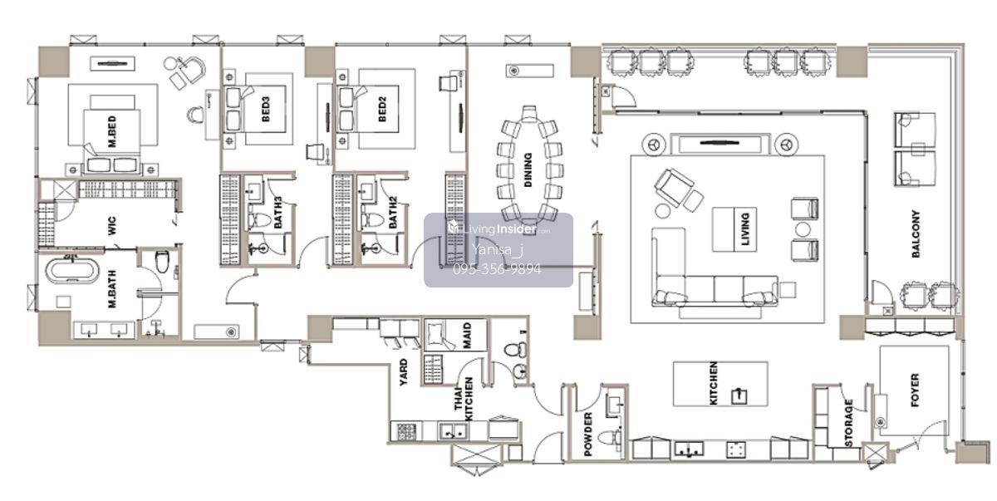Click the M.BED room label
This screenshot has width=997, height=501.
point(112,131)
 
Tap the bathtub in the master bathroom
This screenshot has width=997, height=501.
point(71,271)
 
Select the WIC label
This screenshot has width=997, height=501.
point(111,226)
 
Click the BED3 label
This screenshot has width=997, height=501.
point(266,109)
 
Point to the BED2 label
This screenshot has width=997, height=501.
point(382,109)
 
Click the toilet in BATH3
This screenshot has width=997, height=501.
point(260,220)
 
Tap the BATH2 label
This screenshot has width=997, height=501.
point(392,213)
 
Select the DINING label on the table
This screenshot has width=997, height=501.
point(528,170)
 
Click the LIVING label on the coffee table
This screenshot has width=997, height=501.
point(745,229)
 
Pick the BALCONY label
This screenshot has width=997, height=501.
point(916,233)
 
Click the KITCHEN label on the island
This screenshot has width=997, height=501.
point(713,383)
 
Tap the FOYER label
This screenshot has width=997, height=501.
point(915,390)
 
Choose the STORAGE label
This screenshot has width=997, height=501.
point(849,423)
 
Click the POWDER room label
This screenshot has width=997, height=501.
point(587,434)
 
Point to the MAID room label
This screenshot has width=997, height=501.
point(467,336)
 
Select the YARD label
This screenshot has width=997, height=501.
point(403,372)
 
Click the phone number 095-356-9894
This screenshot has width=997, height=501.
point(497,269)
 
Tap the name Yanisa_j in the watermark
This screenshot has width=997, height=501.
point(497,249)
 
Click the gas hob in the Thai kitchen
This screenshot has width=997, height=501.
point(406,431)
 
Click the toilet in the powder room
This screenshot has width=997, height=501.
point(609,437)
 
